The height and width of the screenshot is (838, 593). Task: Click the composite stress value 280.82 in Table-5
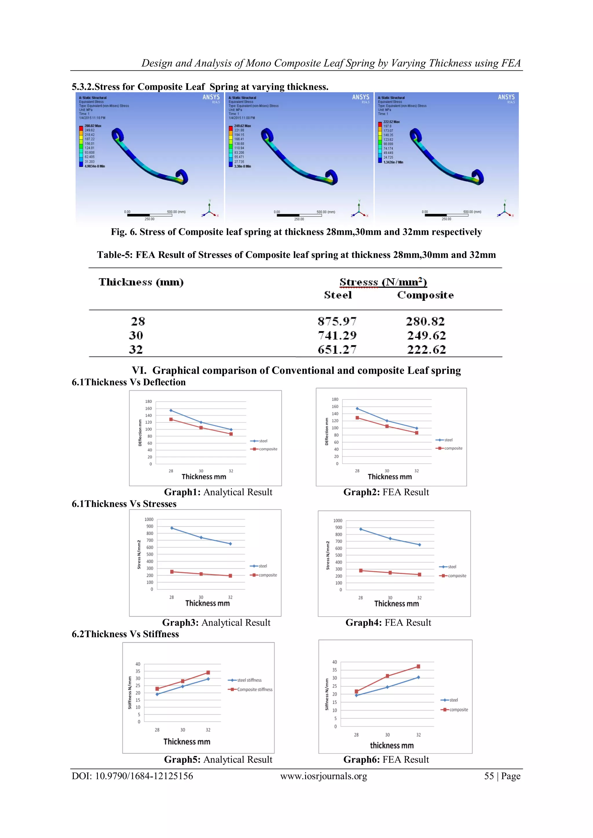click(425, 322)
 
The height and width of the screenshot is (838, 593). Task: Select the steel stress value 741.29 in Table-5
click(337, 335)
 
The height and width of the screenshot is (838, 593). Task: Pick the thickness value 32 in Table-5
click(136, 350)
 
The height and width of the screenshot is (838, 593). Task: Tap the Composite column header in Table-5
click(425, 295)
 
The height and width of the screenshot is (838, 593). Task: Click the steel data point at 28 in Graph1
click(171, 410)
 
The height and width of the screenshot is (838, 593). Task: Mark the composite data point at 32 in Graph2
click(417, 433)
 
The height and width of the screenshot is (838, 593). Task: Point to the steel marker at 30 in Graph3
click(201, 537)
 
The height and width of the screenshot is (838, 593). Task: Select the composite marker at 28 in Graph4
click(361, 571)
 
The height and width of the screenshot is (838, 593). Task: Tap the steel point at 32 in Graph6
click(418, 677)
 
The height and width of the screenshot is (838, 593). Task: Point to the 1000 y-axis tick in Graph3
click(149, 519)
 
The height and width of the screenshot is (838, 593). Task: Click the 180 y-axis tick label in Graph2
click(335, 399)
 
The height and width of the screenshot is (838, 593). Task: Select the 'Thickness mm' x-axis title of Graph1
click(204, 477)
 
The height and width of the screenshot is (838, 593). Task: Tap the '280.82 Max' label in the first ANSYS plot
click(93, 126)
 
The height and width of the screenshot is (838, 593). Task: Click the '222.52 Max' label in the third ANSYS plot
click(391, 122)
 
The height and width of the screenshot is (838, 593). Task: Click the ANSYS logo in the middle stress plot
click(360, 97)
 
